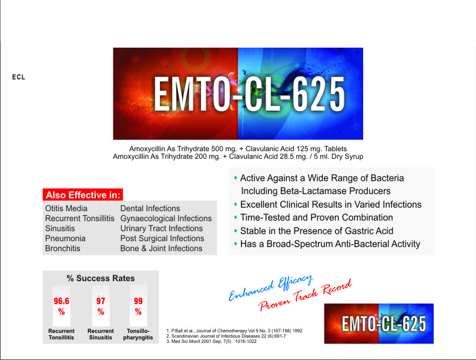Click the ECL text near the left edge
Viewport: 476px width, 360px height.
(x=19, y=77)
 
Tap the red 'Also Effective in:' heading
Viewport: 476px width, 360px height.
(x=83, y=195)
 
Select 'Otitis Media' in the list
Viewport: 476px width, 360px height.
(x=66, y=208)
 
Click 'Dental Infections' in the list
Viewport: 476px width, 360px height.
(x=150, y=208)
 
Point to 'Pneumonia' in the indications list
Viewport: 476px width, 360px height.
(x=65, y=238)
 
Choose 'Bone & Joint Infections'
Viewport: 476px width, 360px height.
(x=161, y=248)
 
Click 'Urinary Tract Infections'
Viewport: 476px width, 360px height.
(x=162, y=228)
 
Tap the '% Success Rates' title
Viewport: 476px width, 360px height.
(x=101, y=278)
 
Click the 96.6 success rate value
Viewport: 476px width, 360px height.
(x=61, y=301)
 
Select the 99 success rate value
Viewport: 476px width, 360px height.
(x=138, y=301)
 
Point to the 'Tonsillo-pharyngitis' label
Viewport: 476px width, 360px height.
(x=138, y=334)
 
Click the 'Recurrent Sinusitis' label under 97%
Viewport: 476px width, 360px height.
(x=100, y=334)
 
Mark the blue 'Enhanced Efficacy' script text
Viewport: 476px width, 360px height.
(x=270, y=288)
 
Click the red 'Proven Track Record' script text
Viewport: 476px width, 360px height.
(x=305, y=295)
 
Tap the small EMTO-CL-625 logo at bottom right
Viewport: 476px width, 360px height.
(x=379, y=324)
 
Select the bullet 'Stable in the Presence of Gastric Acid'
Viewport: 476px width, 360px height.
(x=317, y=231)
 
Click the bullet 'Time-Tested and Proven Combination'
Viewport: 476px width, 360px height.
(x=317, y=218)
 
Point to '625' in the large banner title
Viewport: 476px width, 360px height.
(x=319, y=94)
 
